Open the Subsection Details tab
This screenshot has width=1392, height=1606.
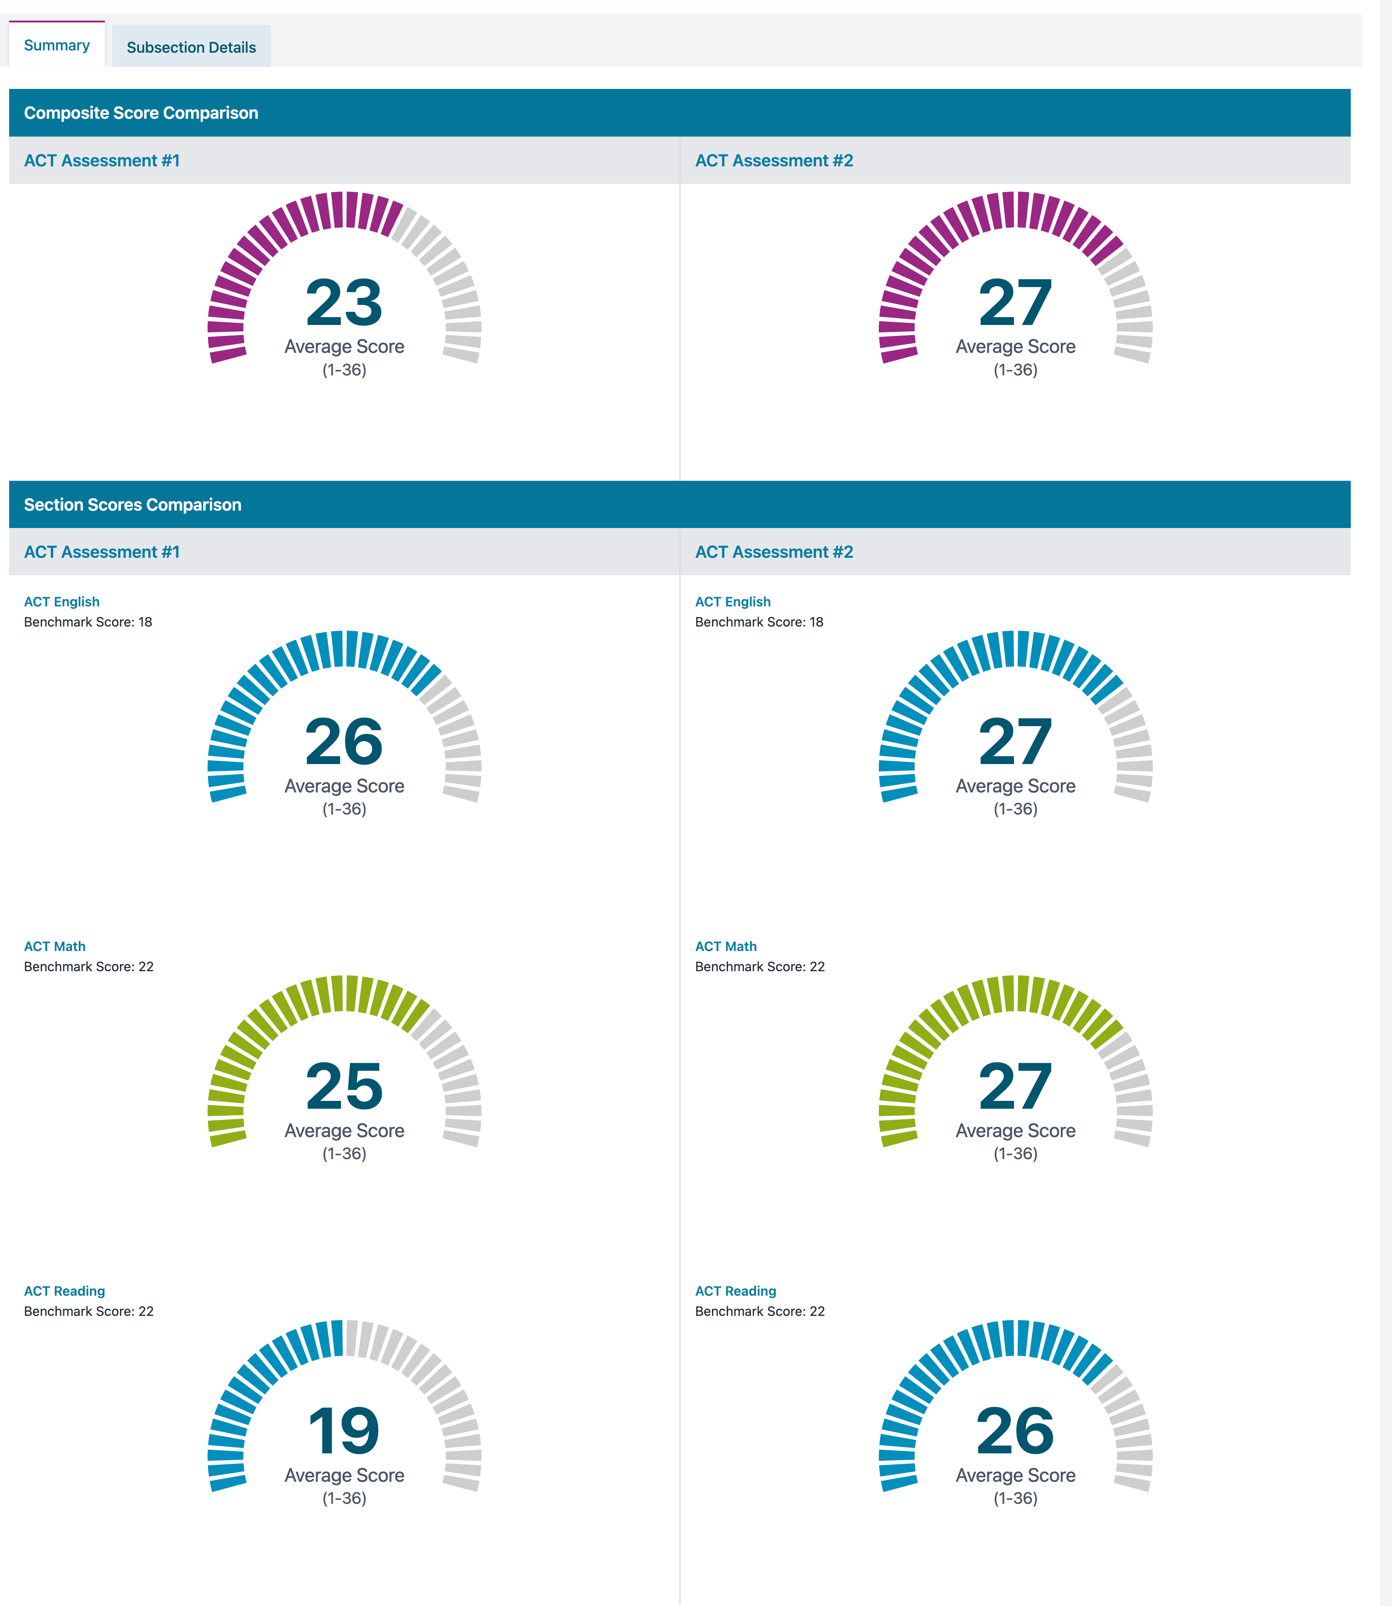pos(191,47)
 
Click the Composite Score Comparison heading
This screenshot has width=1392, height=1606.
pos(141,113)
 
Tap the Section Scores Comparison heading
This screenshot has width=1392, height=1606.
pos(133,505)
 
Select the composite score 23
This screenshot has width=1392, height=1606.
pos(344,303)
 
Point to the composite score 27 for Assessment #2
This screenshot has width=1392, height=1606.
pos(1015,303)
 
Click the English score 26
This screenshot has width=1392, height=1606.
pos(344,742)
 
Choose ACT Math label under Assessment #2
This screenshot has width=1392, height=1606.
pos(725,946)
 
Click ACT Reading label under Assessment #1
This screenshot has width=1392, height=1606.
pos(65,1291)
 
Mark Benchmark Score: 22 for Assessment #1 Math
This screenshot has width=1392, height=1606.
pos(88,967)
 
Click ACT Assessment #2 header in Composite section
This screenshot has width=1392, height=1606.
pos(774,161)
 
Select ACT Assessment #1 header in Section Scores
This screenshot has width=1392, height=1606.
pos(102,552)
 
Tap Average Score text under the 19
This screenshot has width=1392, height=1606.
pos(344,1475)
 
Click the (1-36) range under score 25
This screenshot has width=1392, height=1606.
pos(344,1153)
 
